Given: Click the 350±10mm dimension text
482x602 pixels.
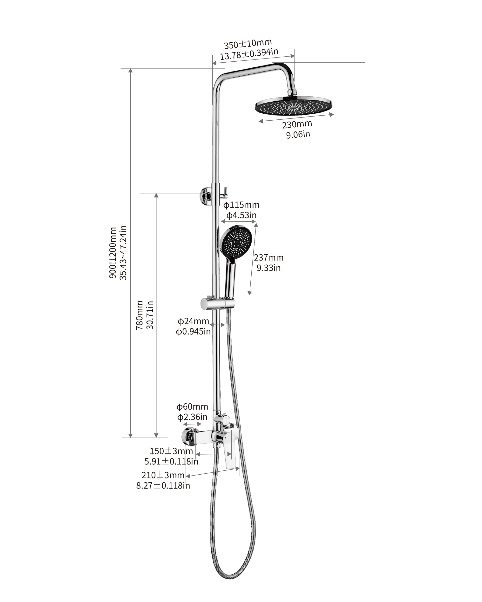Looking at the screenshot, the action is pyautogui.click(x=248, y=44).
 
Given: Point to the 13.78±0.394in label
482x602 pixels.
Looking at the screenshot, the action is pyautogui.click(x=249, y=54).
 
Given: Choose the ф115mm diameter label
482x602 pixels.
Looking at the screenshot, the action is pyautogui.click(x=241, y=205).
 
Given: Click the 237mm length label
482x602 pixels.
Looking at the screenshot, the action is pyautogui.click(x=268, y=257).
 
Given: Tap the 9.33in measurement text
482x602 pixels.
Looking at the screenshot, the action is pyautogui.click(x=268, y=268).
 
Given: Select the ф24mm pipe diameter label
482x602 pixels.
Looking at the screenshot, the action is pyautogui.click(x=193, y=321).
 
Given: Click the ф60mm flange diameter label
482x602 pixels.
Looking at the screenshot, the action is pyautogui.click(x=192, y=407).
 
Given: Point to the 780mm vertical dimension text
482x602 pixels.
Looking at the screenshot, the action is pyautogui.click(x=140, y=315).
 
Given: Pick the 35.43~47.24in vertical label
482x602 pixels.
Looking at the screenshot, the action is pyautogui.click(x=123, y=253).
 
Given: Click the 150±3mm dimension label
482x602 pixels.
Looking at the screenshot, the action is pyautogui.click(x=171, y=451).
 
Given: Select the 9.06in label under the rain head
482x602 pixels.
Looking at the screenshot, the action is pyautogui.click(x=298, y=134).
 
